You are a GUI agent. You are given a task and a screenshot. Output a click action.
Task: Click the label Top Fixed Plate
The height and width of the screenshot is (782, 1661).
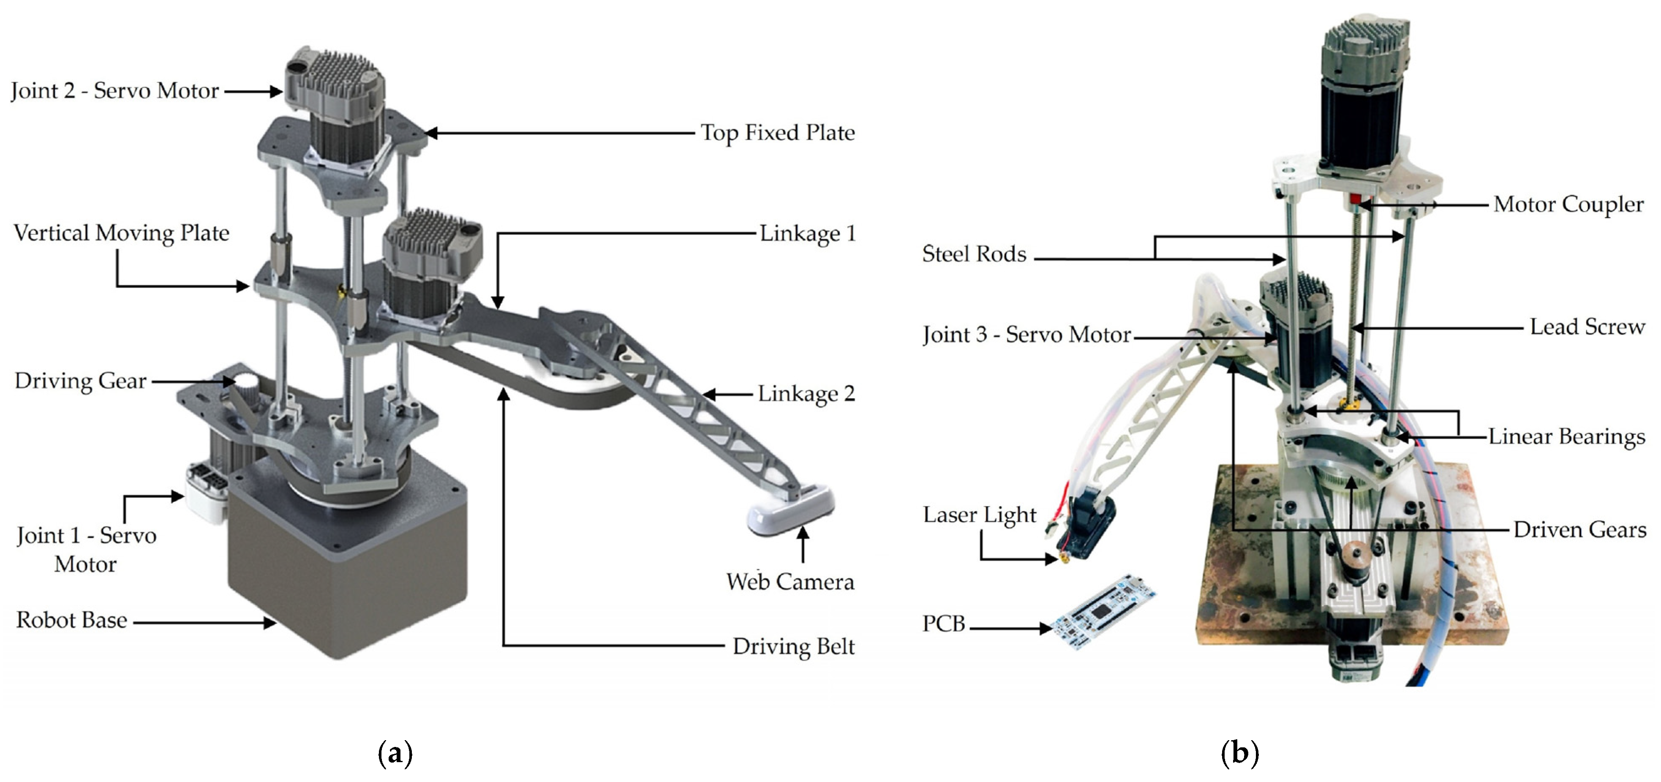point(778,133)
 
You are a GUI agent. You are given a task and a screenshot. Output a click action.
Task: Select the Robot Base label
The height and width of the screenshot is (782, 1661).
point(71,620)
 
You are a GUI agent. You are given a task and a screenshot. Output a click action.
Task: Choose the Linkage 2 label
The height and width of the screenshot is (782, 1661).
point(806,393)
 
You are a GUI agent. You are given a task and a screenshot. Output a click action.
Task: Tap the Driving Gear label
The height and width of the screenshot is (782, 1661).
point(81,381)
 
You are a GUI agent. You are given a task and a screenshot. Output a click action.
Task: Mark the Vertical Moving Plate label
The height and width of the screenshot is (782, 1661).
point(121,233)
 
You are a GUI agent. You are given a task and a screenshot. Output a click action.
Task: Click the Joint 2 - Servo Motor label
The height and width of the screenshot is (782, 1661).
point(115,91)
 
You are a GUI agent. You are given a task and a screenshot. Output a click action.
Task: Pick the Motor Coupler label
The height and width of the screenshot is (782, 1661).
point(1568,204)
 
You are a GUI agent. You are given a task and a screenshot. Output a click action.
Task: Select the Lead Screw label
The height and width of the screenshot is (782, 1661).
point(1587,327)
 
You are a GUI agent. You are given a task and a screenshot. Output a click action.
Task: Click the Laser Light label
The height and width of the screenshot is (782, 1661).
point(979,515)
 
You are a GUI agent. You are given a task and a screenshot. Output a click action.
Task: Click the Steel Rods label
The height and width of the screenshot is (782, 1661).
point(974,254)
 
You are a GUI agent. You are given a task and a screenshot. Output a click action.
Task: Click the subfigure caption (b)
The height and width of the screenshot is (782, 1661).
point(1239,753)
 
